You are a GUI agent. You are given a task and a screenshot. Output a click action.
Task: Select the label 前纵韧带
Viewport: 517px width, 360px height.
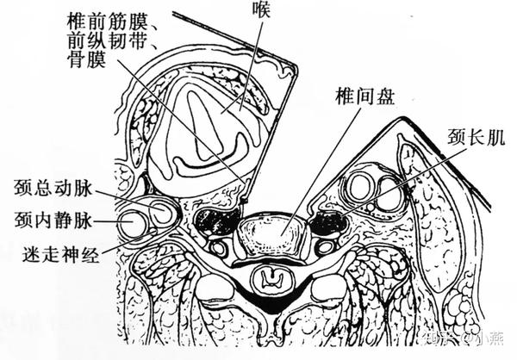(109, 39)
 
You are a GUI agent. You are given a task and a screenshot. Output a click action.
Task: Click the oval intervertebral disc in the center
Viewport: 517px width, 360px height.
(270, 234)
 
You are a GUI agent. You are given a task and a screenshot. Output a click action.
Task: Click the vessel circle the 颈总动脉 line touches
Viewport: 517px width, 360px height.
(161, 210)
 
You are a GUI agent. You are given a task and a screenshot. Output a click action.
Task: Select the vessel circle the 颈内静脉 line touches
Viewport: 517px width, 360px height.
(134, 224)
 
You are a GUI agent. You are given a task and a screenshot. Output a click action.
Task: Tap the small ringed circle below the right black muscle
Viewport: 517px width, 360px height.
(324, 248)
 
